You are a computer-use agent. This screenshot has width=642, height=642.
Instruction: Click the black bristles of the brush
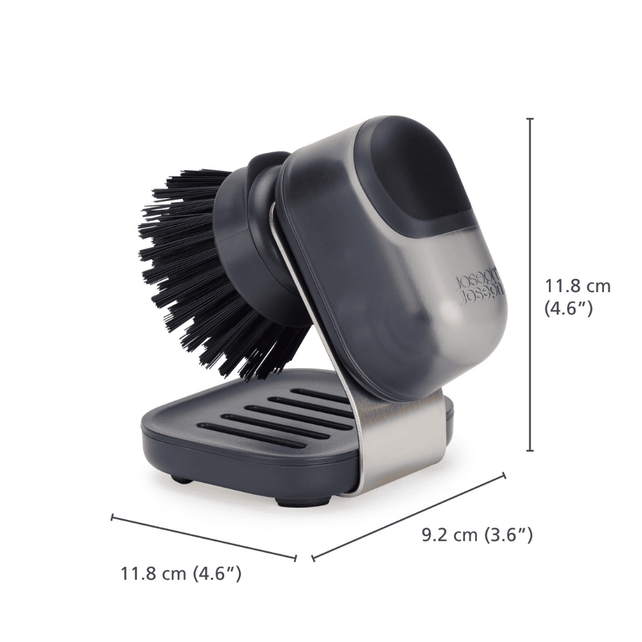(x=193, y=270)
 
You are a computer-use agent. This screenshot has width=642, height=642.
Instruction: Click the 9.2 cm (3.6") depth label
(x=477, y=534)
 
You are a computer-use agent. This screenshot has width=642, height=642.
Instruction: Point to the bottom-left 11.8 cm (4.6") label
(x=181, y=573)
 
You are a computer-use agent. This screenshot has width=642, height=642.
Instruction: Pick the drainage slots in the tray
(x=282, y=417)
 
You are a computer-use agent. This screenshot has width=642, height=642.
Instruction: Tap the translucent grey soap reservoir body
(x=385, y=289)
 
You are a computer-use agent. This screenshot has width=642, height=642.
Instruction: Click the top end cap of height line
(x=530, y=119)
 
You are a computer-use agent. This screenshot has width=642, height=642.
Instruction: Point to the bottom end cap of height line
(x=530, y=451)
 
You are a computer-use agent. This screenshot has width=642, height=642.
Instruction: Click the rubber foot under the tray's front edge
(x=283, y=500)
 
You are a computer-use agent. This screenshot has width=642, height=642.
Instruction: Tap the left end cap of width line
(x=112, y=516)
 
